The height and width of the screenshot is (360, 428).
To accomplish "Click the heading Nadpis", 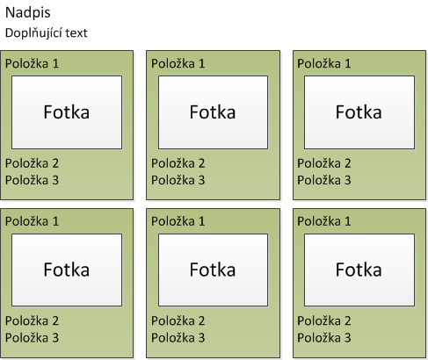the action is coord(28,12).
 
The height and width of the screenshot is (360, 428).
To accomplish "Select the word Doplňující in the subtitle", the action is coord(33,33).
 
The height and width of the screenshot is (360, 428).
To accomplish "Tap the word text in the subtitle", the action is coord(76,33).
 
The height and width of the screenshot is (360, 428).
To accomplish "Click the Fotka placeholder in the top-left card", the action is coord(67,112).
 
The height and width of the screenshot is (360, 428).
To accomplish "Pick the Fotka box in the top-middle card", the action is coord(213,112).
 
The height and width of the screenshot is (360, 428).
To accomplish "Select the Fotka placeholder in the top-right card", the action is coord(359,112).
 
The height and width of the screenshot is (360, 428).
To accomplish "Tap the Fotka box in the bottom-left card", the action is coord(67,270).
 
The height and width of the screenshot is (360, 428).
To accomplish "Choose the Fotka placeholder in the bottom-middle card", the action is coord(213,270).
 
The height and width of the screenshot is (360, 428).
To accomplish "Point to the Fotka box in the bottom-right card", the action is coord(359,270).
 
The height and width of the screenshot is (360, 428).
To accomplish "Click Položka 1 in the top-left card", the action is coord(32,63).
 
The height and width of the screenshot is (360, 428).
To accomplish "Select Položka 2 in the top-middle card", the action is coord(178,163).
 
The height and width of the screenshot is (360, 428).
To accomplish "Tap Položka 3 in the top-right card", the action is coord(324,180).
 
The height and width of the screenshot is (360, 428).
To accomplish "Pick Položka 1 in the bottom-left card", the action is coord(32,221).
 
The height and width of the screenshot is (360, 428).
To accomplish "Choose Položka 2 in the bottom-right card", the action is coord(324,320).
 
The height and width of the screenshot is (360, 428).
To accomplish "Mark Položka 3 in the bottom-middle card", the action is coord(178,338).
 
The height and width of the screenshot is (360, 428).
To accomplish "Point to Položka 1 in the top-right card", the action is coord(324,63).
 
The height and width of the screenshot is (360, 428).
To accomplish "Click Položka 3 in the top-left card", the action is coord(32,180).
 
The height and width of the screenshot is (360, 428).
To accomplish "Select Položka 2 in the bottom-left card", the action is coord(32,320).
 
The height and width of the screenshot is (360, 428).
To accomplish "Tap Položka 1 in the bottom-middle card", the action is coord(178,221).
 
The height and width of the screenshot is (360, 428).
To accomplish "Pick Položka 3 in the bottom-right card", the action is coord(324,338).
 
